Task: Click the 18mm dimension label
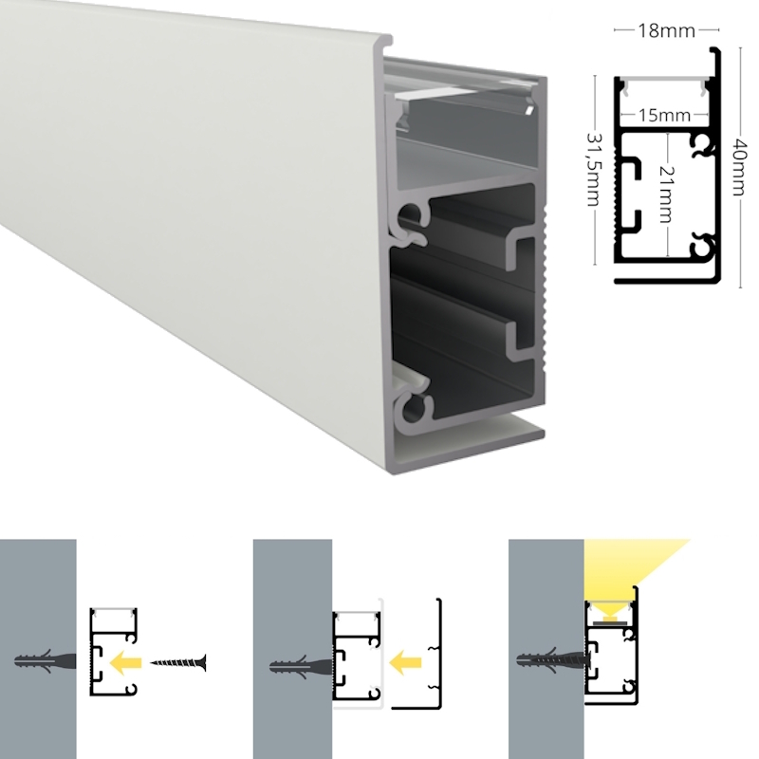pos(666,31)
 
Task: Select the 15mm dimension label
pos(663,116)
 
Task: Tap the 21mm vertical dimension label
pos(667,194)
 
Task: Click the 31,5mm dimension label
pos(594,169)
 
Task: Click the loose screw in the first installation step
pos(178,662)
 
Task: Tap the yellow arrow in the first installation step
pos(125,662)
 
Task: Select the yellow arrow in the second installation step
pos(406,662)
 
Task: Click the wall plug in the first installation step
pos(45,661)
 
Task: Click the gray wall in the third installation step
pos(546,649)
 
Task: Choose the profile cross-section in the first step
pos(114,652)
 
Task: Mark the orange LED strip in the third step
pos(611,618)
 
